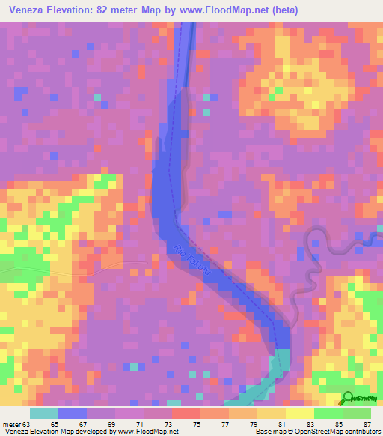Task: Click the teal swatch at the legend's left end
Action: pyautogui.click(x=43, y=413)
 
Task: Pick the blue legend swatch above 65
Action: pyautogui.click(x=72, y=413)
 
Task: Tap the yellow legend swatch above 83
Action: pyautogui.click(x=299, y=413)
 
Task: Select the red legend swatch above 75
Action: pyautogui.click(x=186, y=413)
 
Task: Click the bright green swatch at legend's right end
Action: pyautogui.click(x=357, y=413)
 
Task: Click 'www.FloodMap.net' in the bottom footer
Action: pyautogui.click(x=147, y=431)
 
